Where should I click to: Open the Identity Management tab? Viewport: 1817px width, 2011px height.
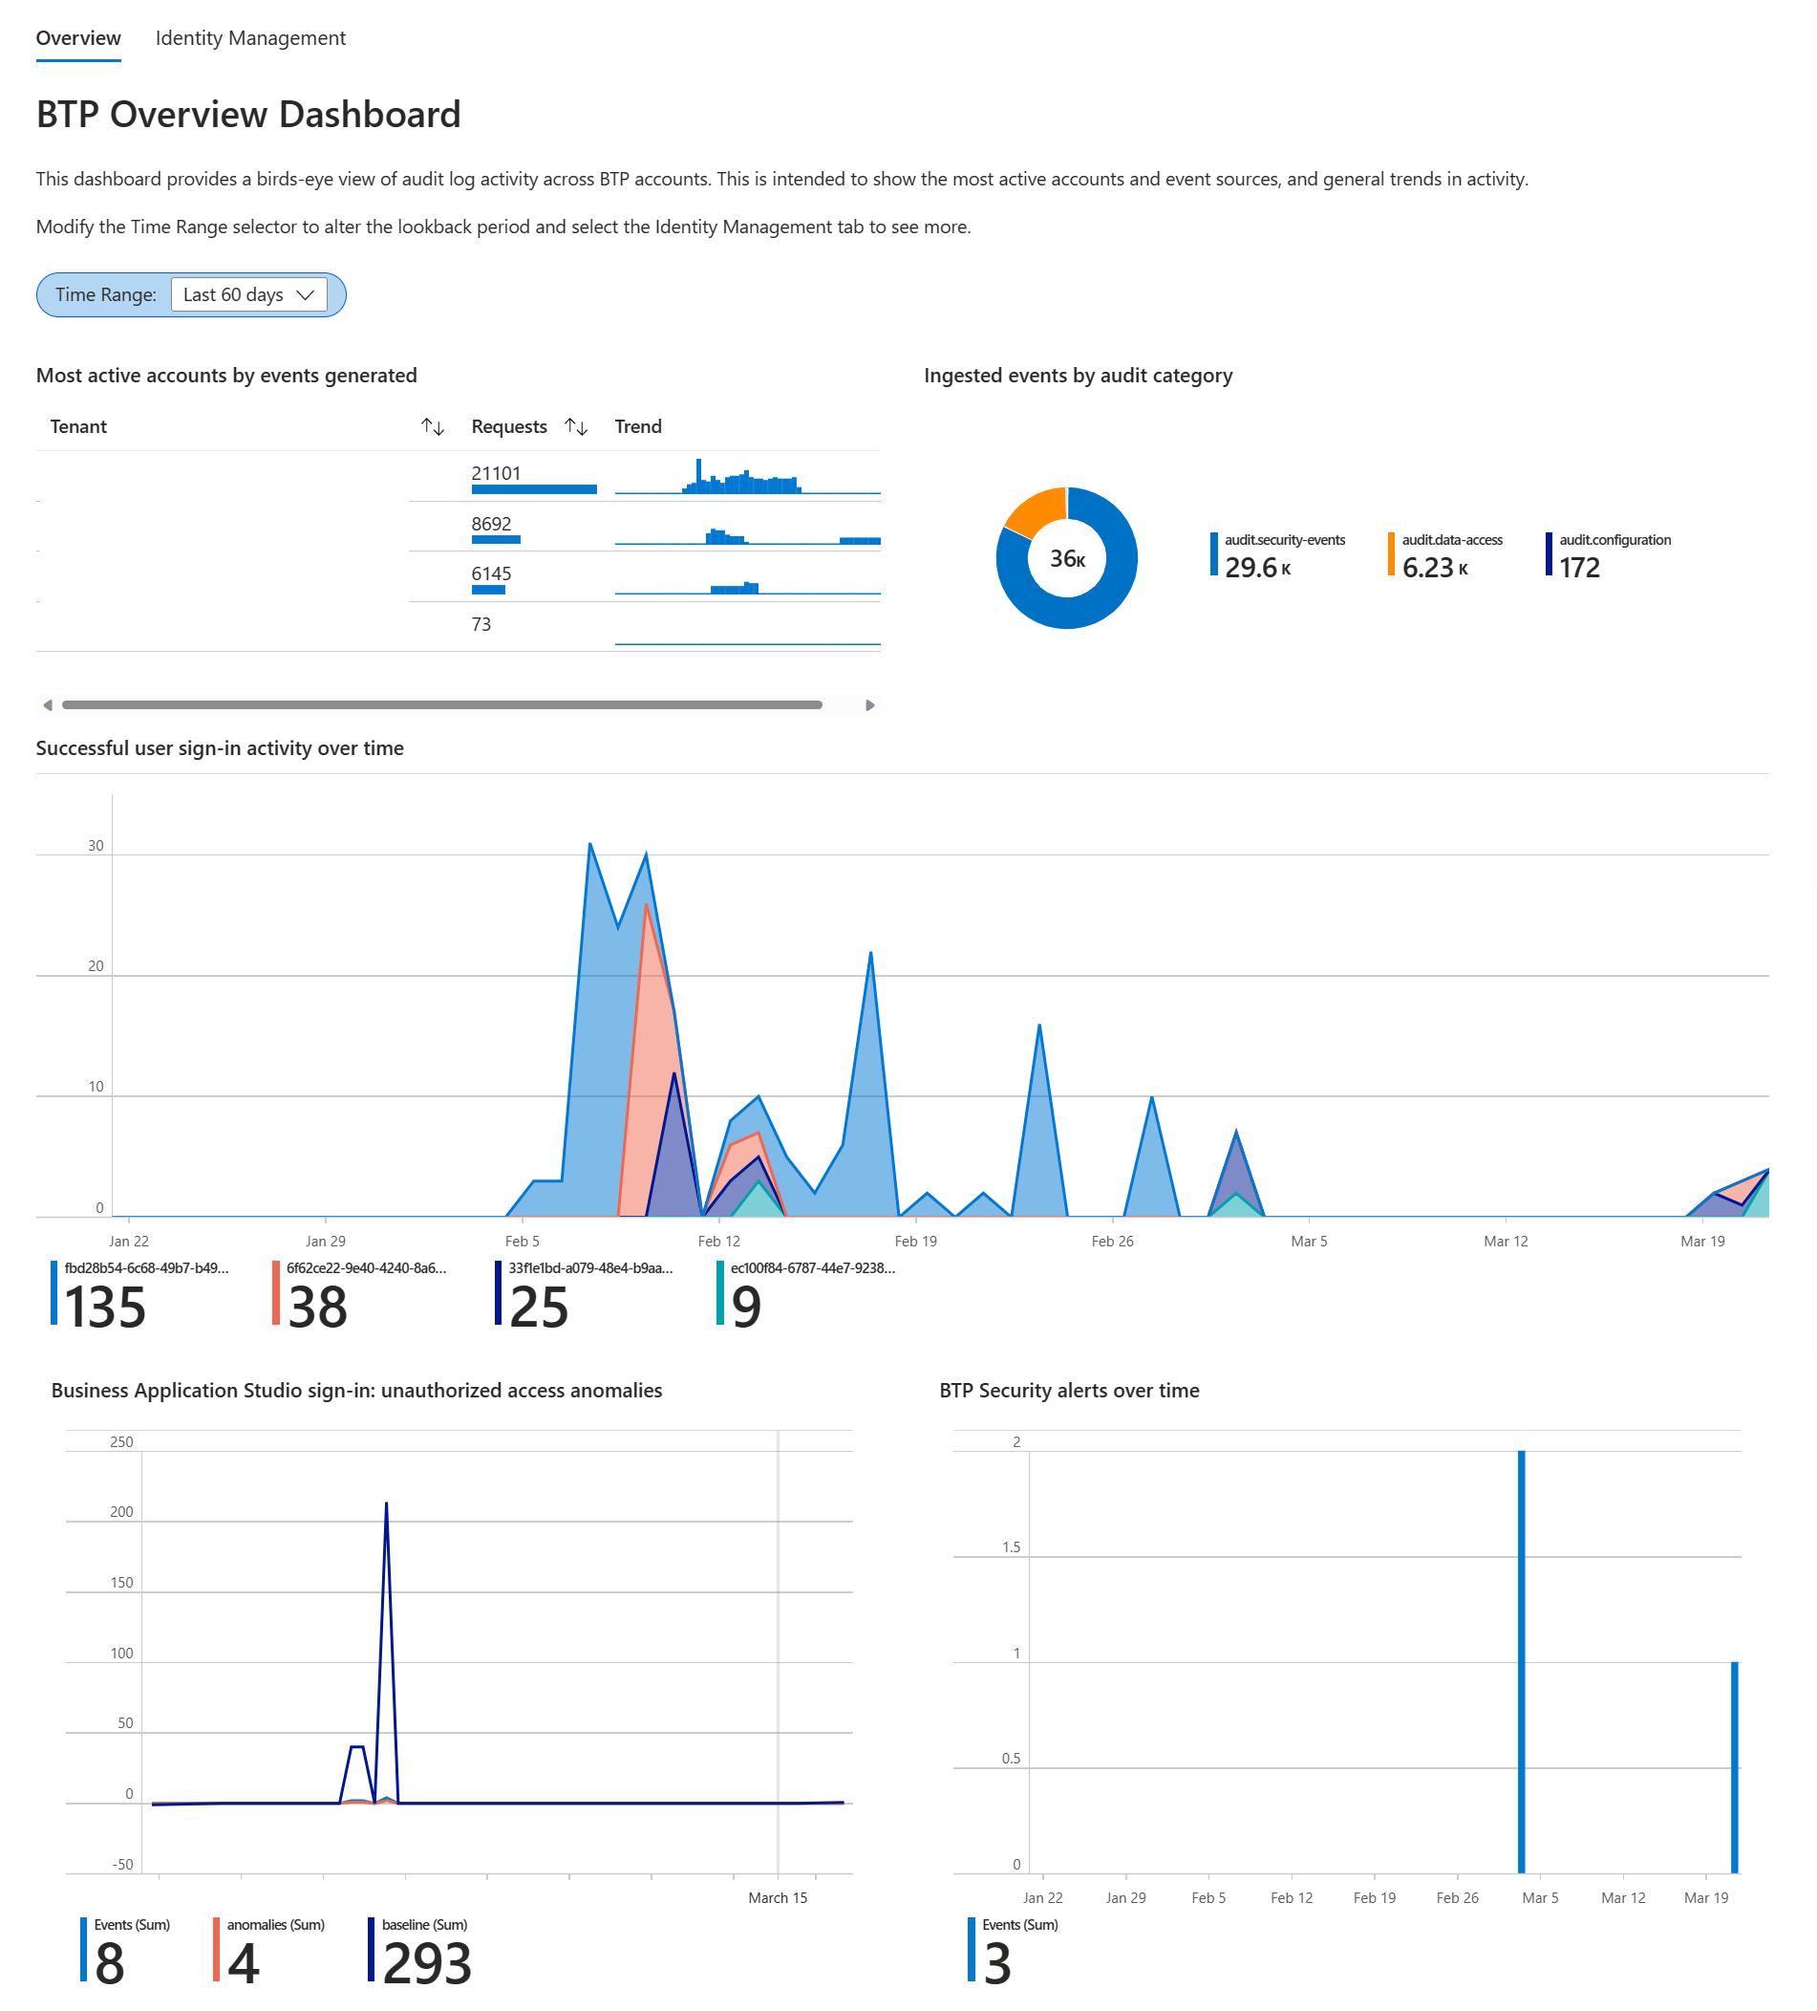250,38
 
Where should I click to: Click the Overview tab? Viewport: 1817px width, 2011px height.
77,38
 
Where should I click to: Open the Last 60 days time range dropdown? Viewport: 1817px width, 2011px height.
248,294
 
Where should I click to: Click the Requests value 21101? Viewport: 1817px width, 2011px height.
496,473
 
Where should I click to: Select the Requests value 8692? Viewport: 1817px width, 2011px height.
491,524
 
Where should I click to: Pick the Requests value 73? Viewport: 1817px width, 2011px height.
481,624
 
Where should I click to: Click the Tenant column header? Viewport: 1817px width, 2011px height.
78,426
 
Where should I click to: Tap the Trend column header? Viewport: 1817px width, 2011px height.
637,426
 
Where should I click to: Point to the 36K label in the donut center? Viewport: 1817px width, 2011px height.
1066,558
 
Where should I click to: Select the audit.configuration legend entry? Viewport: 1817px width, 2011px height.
1614,540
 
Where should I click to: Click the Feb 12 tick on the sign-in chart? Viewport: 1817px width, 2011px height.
718,1240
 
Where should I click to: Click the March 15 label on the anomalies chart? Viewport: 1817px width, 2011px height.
777,1896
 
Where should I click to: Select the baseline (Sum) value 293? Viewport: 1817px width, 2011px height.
426,1962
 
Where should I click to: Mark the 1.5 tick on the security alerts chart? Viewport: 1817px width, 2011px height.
1010,1546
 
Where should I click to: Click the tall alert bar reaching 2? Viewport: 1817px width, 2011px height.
1521,1655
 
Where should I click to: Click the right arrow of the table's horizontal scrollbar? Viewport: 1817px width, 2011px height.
869,704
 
